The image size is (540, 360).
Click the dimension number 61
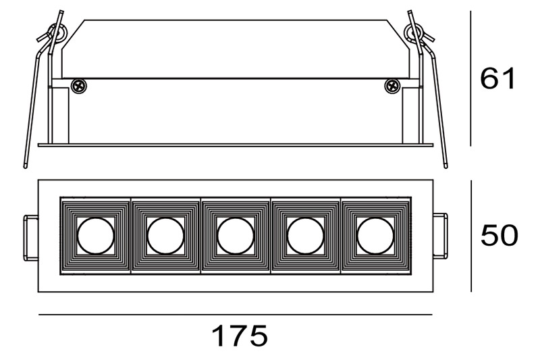pos(497,78)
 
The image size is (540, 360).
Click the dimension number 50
pos(499,235)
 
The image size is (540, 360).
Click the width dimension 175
pos(240,336)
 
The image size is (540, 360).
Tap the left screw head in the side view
pos(79,86)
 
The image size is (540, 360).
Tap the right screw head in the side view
pos(392,86)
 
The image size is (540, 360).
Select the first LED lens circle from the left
pos(95,236)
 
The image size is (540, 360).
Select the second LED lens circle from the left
pos(165,236)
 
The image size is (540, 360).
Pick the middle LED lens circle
pos(236,236)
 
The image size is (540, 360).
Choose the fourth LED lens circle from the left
pos(306,236)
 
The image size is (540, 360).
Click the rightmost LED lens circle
pos(375,236)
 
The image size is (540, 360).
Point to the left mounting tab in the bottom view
pos(30,237)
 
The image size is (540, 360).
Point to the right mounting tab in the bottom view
pos(440,235)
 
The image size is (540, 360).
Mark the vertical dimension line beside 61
pos(470,78)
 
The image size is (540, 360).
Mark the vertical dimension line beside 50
pos(471,236)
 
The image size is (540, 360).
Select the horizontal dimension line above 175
pos(236,315)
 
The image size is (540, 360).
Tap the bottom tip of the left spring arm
pos(25,167)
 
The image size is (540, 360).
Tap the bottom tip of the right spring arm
pos(446,167)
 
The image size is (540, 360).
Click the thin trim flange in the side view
pos(236,145)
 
